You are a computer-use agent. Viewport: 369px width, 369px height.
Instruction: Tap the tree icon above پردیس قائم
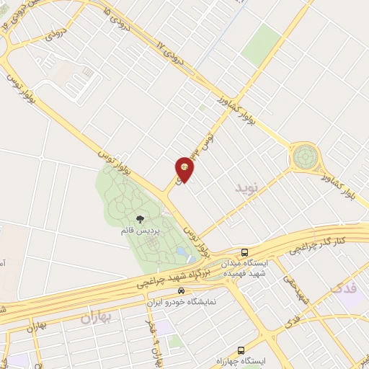140,219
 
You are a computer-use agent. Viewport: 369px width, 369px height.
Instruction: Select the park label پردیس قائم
137,233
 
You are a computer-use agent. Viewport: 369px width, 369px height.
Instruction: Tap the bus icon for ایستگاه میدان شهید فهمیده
245,253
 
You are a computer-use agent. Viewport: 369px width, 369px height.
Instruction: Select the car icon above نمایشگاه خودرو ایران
180,290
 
